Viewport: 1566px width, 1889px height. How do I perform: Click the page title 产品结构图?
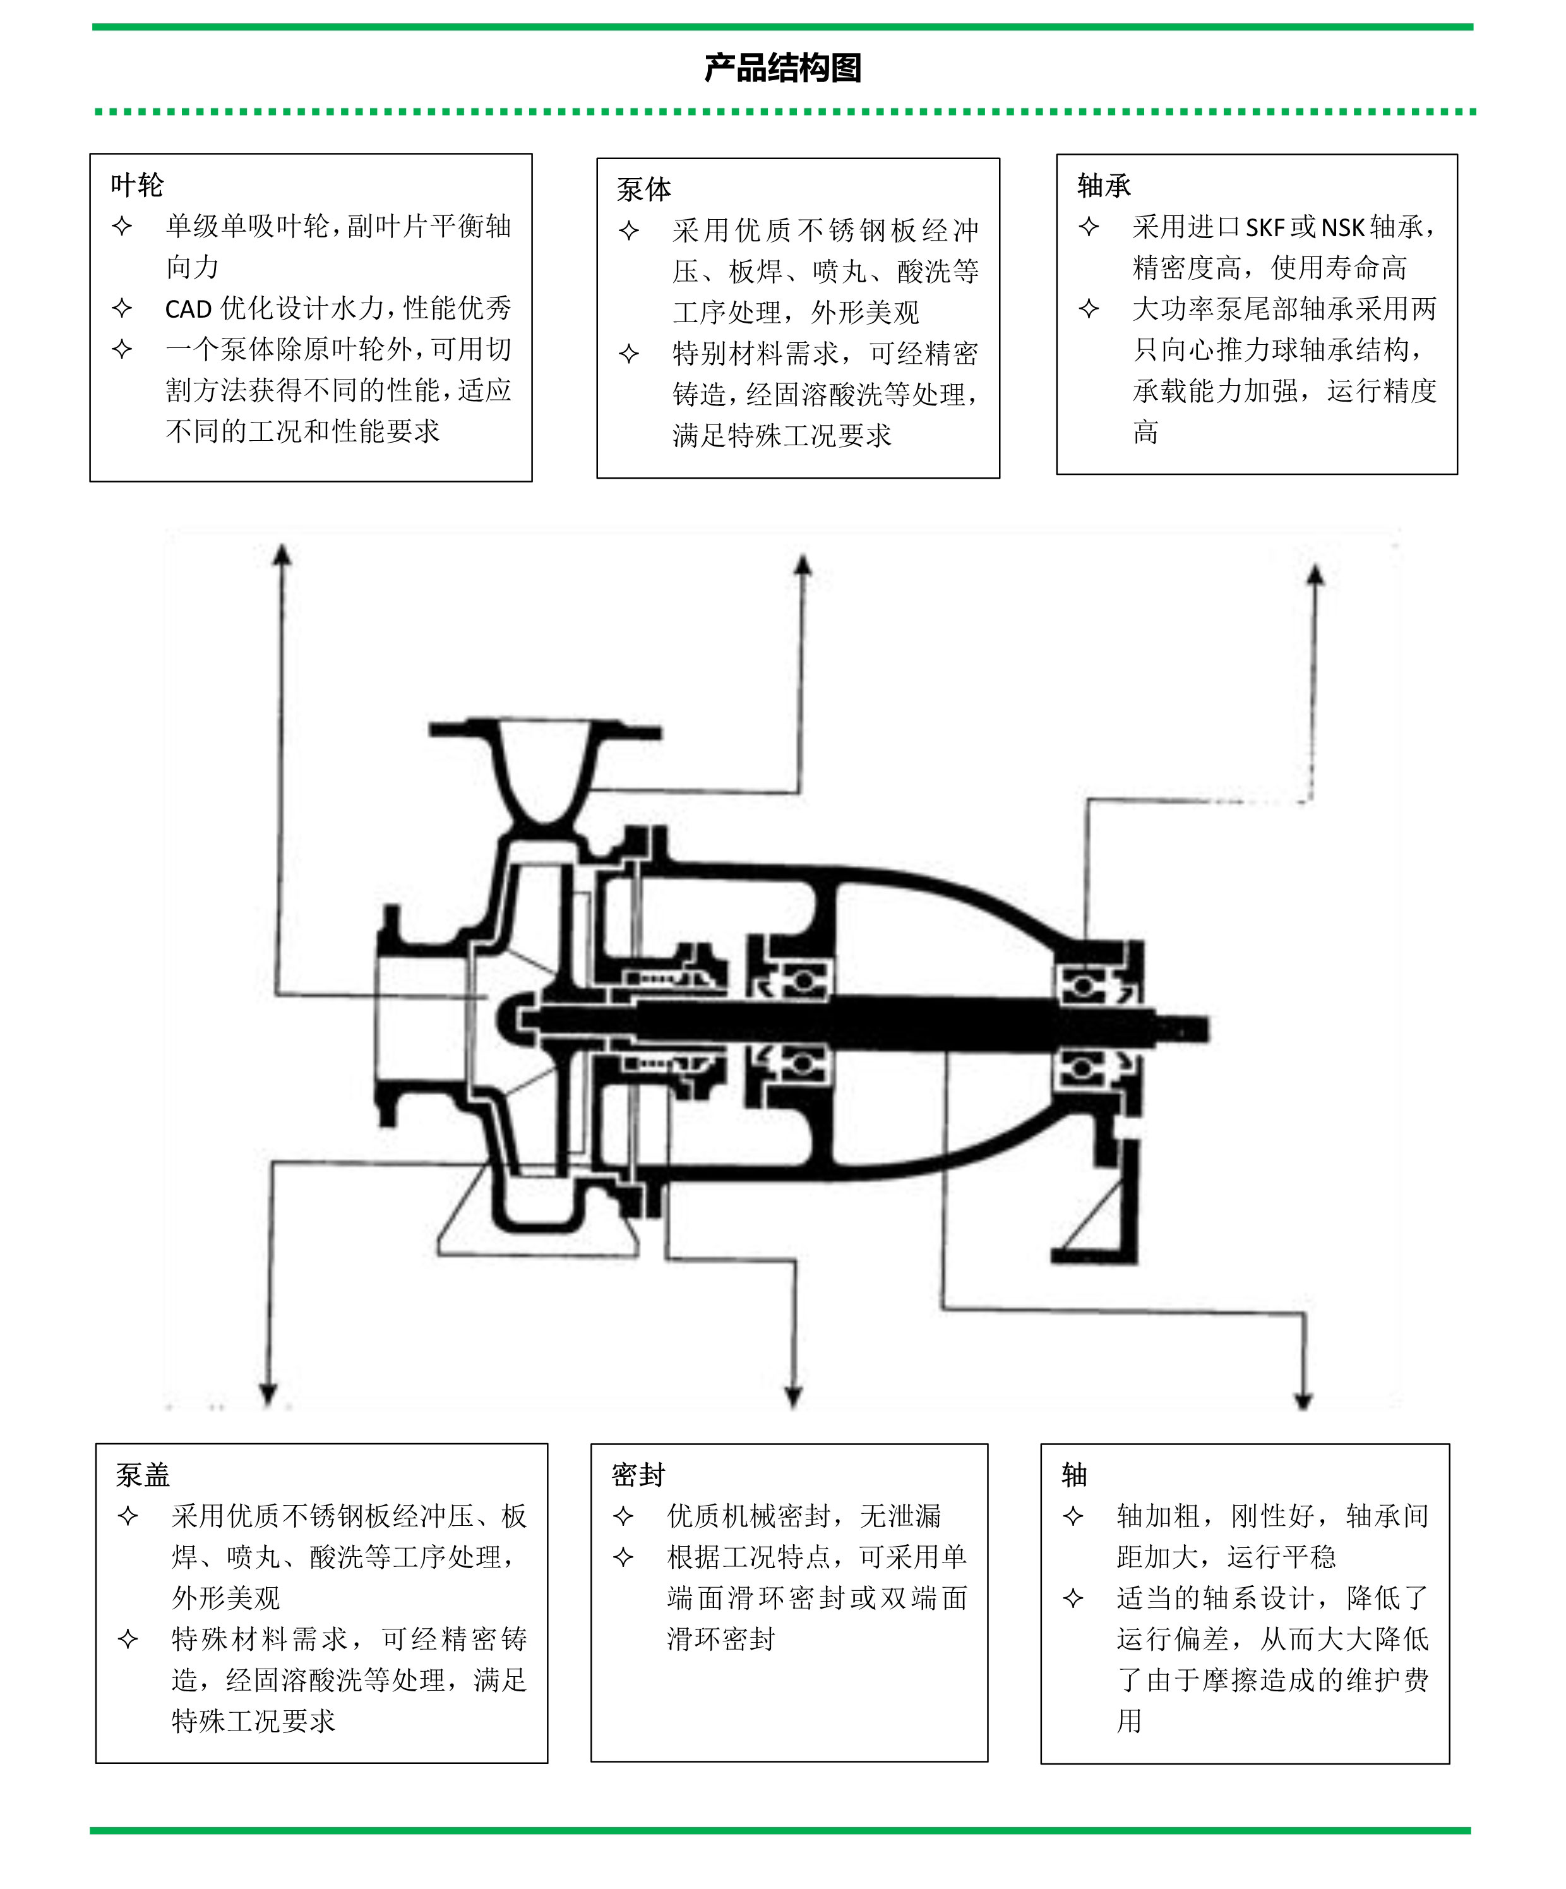(782, 68)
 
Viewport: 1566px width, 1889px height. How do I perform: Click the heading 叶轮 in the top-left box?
(137, 185)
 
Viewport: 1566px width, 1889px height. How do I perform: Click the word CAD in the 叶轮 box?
(188, 309)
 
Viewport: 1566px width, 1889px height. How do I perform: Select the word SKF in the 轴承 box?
(1265, 227)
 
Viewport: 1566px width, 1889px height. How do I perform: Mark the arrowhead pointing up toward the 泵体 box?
(803, 564)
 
